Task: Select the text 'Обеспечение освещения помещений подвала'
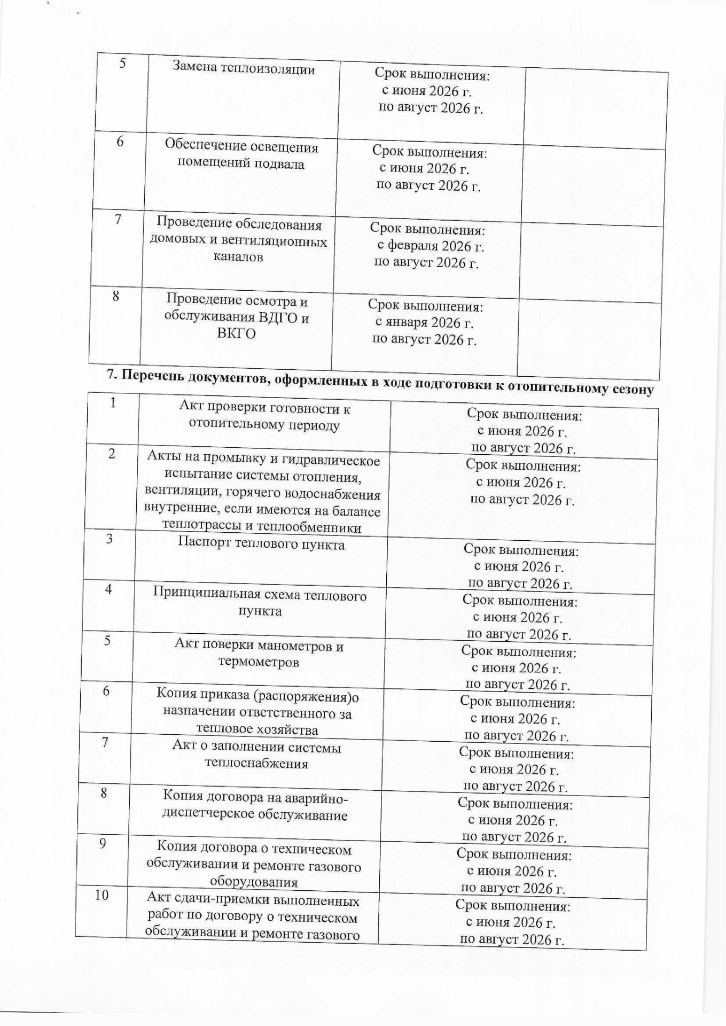tap(241, 154)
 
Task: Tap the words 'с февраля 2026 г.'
tap(431, 246)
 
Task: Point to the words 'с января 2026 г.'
tap(424, 323)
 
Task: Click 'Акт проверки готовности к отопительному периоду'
tap(264, 417)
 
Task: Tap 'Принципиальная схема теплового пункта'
tap(260, 602)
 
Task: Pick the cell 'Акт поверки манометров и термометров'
tap(259, 654)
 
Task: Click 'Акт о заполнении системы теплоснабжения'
tap(256, 755)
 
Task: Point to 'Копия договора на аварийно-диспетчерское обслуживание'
tap(255, 806)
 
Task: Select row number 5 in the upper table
tap(122, 64)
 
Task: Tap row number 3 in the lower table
tap(109, 539)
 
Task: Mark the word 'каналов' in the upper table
tap(238, 257)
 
